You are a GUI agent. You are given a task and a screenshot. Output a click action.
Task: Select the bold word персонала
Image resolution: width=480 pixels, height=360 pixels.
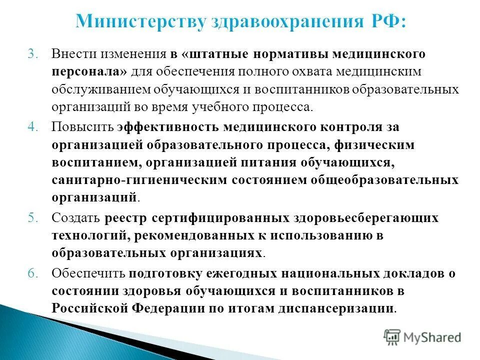click(x=88, y=71)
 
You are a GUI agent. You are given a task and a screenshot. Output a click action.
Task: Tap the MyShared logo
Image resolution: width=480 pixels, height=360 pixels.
click(x=422, y=337)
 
